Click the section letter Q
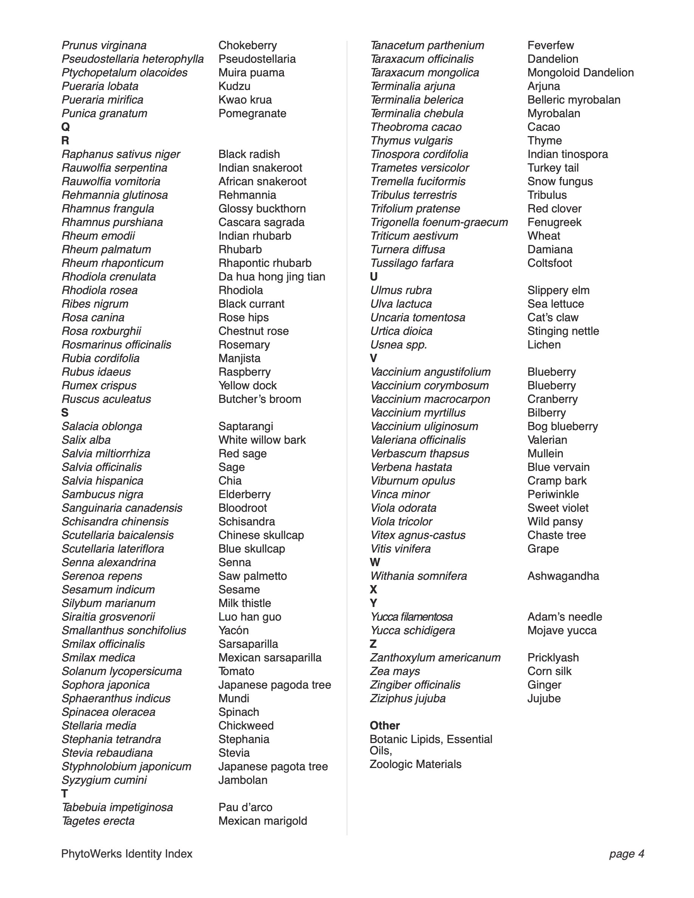click(x=65, y=127)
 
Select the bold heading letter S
click(x=65, y=412)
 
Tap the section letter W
click(x=375, y=562)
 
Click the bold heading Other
click(x=384, y=725)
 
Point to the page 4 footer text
click(x=626, y=854)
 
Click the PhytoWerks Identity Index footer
click(x=127, y=854)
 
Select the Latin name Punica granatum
click(x=104, y=113)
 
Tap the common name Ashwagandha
click(x=563, y=576)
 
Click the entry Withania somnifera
click(x=418, y=576)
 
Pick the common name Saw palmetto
click(x=253, y=576)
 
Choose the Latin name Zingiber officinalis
click(x=415, y=684)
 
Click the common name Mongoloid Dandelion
click(x=580, y=73)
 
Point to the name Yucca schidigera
click(x=412, y=630)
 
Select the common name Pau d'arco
click(x=245, y=807)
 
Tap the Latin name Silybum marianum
click(x=108, y=603)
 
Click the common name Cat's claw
click(x=553, y=317)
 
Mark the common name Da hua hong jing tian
click(x=272, y=277)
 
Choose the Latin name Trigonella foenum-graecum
click(x=439, y=223)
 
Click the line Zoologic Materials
click(x=415, y=764)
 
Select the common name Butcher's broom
click(x=259, y=399)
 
